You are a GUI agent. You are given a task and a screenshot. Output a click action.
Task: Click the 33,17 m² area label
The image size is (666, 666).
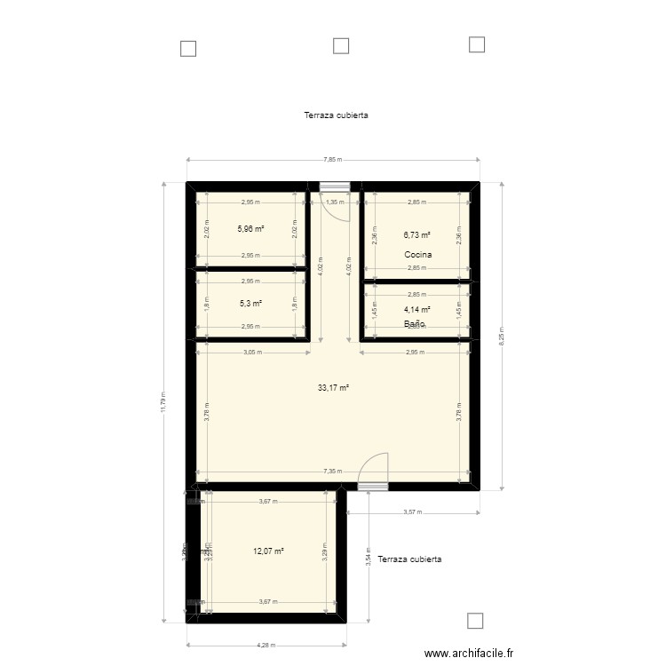click(334, 388)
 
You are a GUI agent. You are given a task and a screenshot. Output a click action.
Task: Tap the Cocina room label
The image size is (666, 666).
click(417, 256)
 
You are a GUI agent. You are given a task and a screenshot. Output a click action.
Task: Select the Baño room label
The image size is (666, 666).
click(414, 324)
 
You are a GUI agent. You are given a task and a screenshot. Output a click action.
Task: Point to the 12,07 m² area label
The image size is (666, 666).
click(268, 551)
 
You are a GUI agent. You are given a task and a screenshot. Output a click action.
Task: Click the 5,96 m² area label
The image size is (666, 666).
click(250, 228)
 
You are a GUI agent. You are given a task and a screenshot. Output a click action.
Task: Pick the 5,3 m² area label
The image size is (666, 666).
click(250, 303)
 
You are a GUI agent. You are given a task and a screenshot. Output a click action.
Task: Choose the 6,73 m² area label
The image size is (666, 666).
click(416, 235)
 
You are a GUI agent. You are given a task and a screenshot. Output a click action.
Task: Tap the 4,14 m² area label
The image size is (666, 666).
click(416, 310)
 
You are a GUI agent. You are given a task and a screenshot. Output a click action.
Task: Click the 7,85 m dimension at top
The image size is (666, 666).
click(333, 161)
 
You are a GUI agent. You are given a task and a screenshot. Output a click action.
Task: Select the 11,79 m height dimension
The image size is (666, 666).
click(163, 403)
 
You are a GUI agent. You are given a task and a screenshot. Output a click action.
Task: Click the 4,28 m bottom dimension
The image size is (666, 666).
click(266, 646)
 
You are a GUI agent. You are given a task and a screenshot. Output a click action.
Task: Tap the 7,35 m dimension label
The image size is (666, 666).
click(333, 472)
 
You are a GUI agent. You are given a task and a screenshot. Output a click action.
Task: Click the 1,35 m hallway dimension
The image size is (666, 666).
click(335, 202)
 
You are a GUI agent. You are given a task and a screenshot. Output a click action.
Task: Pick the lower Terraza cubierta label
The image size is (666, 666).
click(409, 559)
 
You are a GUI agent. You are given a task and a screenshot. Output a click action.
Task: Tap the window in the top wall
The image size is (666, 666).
click(334, 186)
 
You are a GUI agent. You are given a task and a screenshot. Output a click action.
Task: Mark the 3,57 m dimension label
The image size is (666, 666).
click(410, 512)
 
